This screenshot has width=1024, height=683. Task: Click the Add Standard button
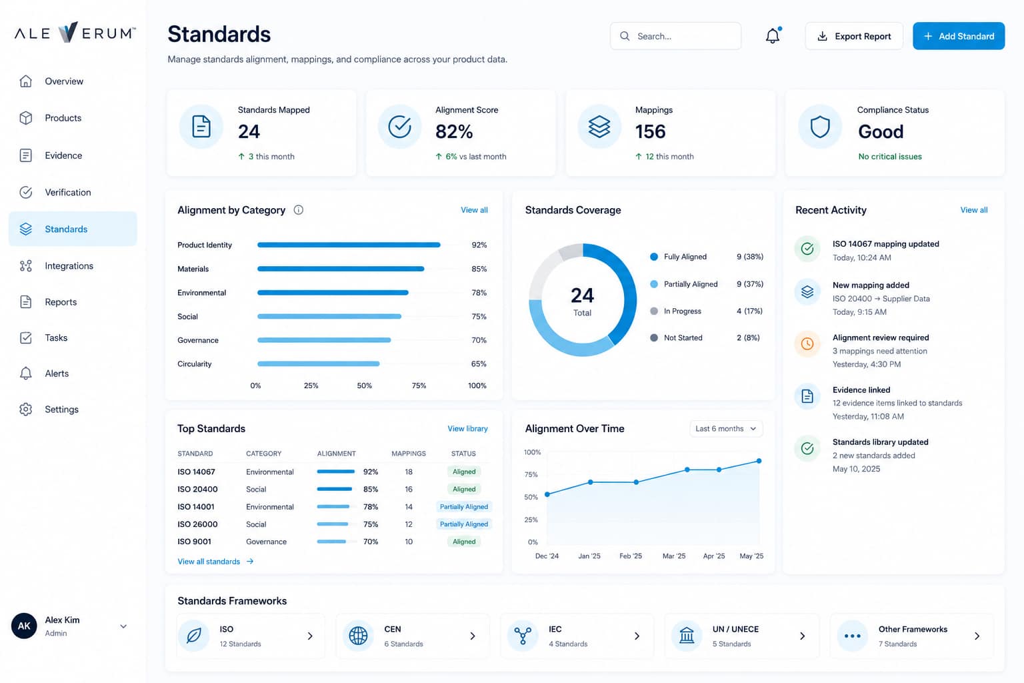pos(959,36)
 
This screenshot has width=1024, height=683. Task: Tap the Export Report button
pos(854,36)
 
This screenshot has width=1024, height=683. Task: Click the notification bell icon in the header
pos(773,35)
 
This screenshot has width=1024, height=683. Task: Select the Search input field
pos(675,36)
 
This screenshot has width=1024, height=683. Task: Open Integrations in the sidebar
pos(69,265)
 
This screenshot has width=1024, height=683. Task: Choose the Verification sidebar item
pos(67,192)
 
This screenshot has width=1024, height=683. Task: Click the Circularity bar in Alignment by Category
pos(318,364)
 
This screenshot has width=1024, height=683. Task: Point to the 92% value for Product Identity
pos(479,245)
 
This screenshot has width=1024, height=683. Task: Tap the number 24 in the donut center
pos(582,295)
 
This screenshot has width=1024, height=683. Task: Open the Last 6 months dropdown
pos(726,429)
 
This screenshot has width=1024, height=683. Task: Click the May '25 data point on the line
pos(759,461)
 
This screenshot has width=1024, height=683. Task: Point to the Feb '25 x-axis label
pos(631,556)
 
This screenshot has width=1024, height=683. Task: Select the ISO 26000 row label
pos(197,524)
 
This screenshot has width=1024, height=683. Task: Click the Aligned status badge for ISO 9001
pos(464,542)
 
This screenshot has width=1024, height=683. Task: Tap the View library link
pos(467,429)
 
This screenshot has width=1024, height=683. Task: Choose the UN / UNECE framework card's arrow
pos(802,636)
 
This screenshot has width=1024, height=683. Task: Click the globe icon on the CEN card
pos(358,636)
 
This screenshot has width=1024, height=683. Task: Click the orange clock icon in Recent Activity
pos(807,344)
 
